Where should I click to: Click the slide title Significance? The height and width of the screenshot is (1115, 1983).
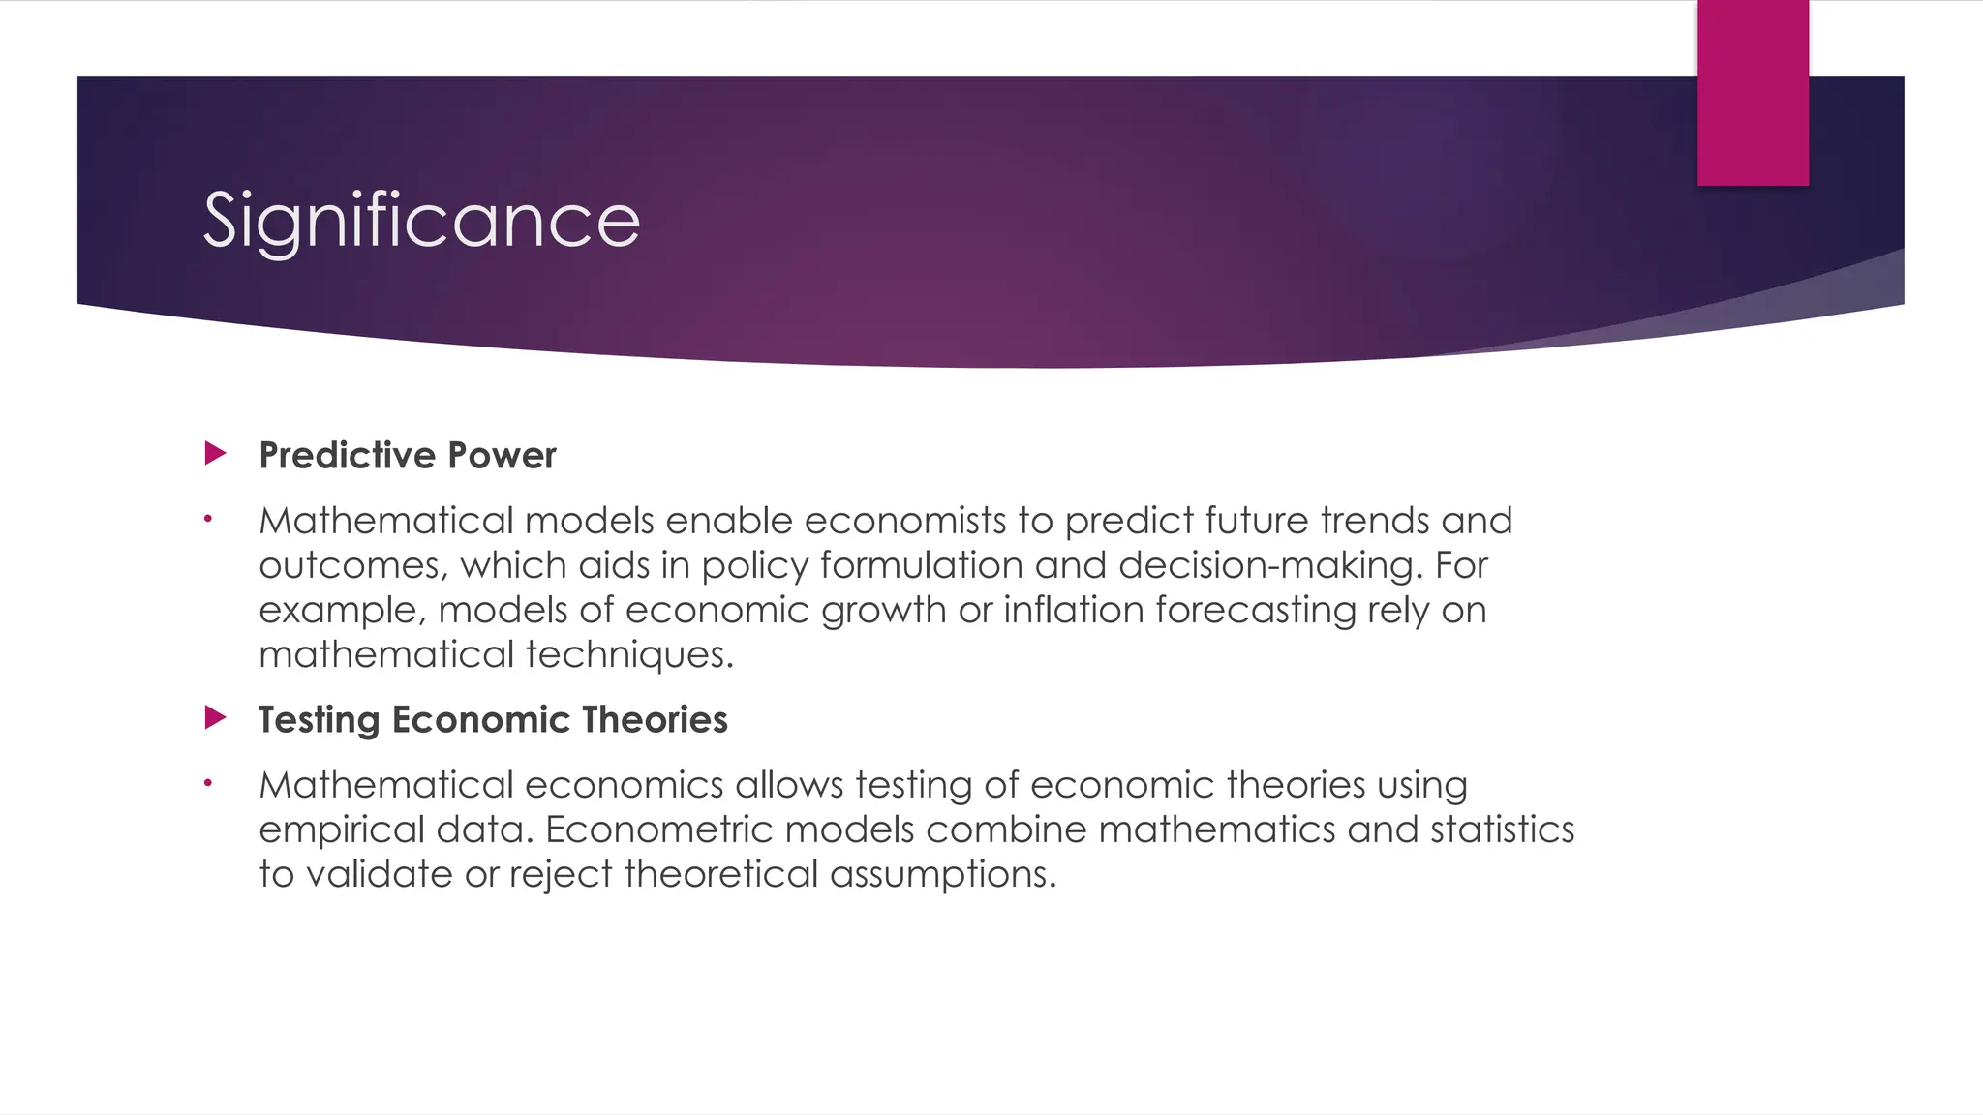421,221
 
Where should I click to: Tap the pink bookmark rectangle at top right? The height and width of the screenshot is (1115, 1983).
1753,93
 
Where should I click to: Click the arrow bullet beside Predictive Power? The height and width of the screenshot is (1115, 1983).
216,453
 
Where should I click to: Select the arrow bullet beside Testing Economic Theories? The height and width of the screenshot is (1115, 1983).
216,717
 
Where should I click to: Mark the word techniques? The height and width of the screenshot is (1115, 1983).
629,655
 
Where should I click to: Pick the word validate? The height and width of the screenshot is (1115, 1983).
380,874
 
